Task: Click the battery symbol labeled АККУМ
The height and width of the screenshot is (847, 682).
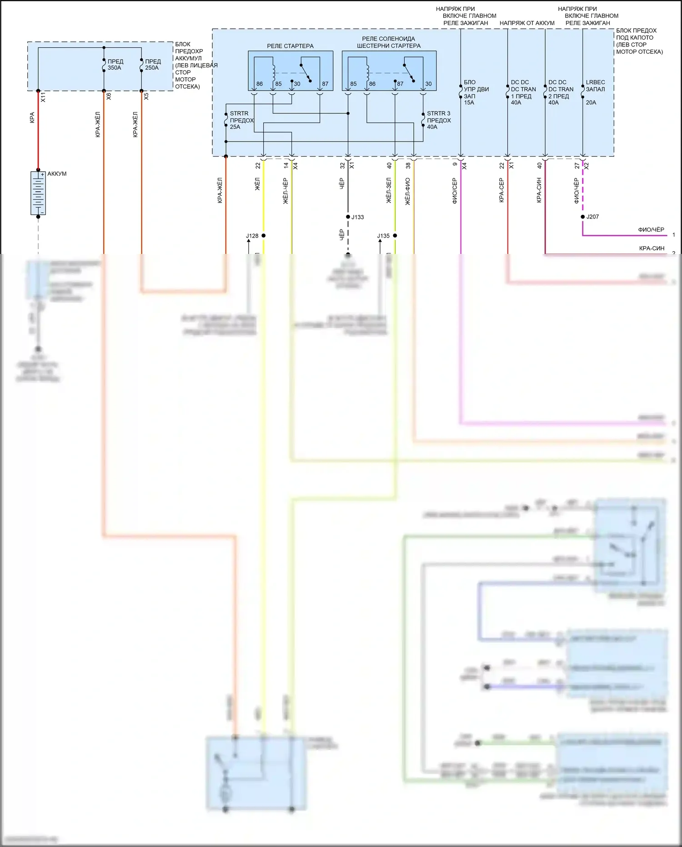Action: (x=38, y=193)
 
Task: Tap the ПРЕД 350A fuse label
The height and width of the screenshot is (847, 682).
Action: (x=115, y=65)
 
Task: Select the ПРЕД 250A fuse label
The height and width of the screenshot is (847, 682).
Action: (x=153, y=65)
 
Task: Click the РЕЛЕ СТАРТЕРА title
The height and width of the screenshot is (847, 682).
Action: (x=290, y=46)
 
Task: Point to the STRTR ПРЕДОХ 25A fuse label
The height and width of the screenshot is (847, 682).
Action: (x=241, y=120)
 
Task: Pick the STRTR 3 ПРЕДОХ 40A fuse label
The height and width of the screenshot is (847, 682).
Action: (x=438, y=120)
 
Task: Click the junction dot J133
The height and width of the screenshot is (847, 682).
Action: (x=348, y=217)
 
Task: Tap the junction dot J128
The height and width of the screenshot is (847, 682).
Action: (x=263, y=236)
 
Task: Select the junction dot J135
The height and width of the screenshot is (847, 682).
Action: (x=395, y=236)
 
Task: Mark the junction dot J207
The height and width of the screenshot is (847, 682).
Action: (x=583, y=217)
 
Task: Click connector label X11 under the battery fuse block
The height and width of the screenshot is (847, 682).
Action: (x=43, y=97)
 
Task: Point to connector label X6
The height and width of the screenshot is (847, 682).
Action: (x=109, y=96)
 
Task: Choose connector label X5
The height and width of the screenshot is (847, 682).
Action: (x=146, y=96)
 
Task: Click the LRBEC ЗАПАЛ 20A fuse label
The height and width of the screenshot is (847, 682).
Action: (x=595, y=92)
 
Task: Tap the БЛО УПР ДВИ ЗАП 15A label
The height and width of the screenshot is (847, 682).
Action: (x=476, y=92)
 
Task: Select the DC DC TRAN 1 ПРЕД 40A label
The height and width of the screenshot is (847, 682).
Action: (x=523, y=92)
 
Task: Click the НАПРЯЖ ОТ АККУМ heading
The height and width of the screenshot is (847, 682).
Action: (x=527, y=23)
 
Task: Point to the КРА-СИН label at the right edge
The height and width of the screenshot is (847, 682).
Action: (x=652, y=249)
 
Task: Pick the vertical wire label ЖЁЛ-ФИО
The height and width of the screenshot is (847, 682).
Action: (x=408, y=191)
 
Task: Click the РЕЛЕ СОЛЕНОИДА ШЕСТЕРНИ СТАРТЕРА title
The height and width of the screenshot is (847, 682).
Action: (x=388, y=42)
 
